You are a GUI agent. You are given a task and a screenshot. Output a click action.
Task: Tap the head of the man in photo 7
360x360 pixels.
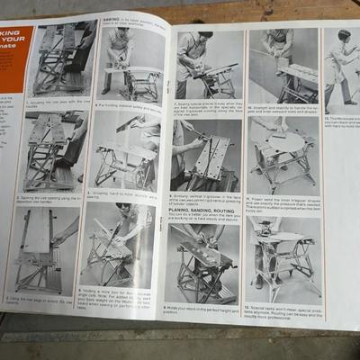pyautogui.click(x=192, y=40)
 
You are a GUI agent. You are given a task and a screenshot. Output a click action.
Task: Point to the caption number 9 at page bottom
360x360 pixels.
pyautogui.click(x=168, y=308)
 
